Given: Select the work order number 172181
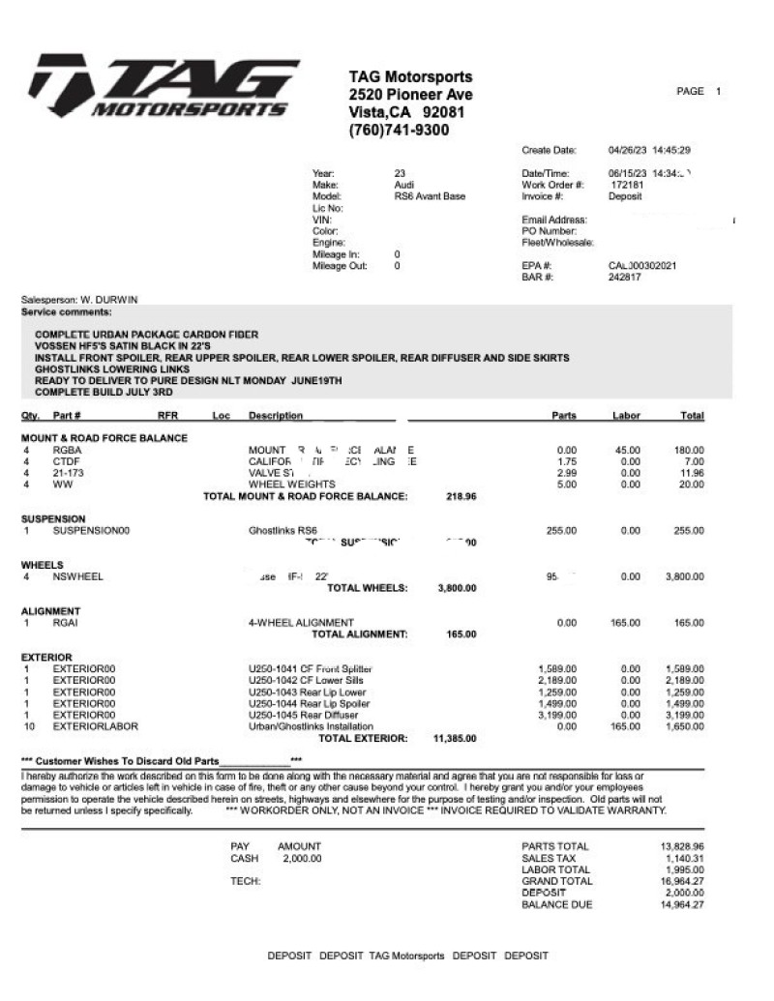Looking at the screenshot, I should (626, 185).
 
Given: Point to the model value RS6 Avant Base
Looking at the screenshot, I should (430, 196).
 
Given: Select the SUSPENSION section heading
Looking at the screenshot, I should (54, 518).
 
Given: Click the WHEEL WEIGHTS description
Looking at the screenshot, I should (292, 484).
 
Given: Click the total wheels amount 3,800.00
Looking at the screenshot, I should (457, 588).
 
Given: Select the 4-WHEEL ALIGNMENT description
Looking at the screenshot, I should (301, 622).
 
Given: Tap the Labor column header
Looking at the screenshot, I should (626, 416).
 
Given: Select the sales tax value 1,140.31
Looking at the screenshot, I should (684, 858).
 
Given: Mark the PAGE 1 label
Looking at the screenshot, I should (699, 92).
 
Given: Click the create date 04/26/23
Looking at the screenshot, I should (628, 150).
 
